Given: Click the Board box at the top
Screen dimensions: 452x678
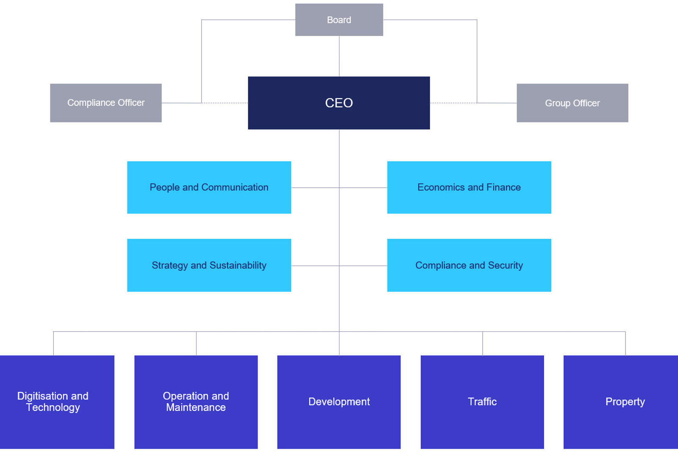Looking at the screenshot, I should click(x=339, y=20).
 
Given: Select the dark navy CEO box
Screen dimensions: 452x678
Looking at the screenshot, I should click(x=339, y=103).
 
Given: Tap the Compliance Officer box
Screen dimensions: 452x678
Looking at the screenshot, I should click(x=106, y=103).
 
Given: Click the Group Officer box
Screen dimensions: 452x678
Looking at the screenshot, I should click(x=572, y=103).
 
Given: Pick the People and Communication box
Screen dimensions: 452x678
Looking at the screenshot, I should click(x=209, y=187).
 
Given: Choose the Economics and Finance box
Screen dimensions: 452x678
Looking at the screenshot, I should click(x=469, y=187).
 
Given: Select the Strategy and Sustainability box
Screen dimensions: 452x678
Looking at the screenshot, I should click(x=209, y=265).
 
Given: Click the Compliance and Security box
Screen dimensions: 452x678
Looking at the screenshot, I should click(x=469, y=265).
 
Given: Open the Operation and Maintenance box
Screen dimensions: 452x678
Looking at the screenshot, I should click(x=196, y=402).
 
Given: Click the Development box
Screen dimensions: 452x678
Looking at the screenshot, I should click(x=339, y=402).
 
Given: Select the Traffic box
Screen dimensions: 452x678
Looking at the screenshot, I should click(x=482, y=402).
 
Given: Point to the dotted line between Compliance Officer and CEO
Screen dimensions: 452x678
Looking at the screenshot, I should click(x=225, y=103).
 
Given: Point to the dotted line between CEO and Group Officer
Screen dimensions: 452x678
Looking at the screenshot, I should click(x=453, y=103).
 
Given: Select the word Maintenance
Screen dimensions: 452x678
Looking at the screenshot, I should click(x=196, y=408).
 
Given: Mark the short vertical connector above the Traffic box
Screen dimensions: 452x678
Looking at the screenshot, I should click(x=483, y=343).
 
